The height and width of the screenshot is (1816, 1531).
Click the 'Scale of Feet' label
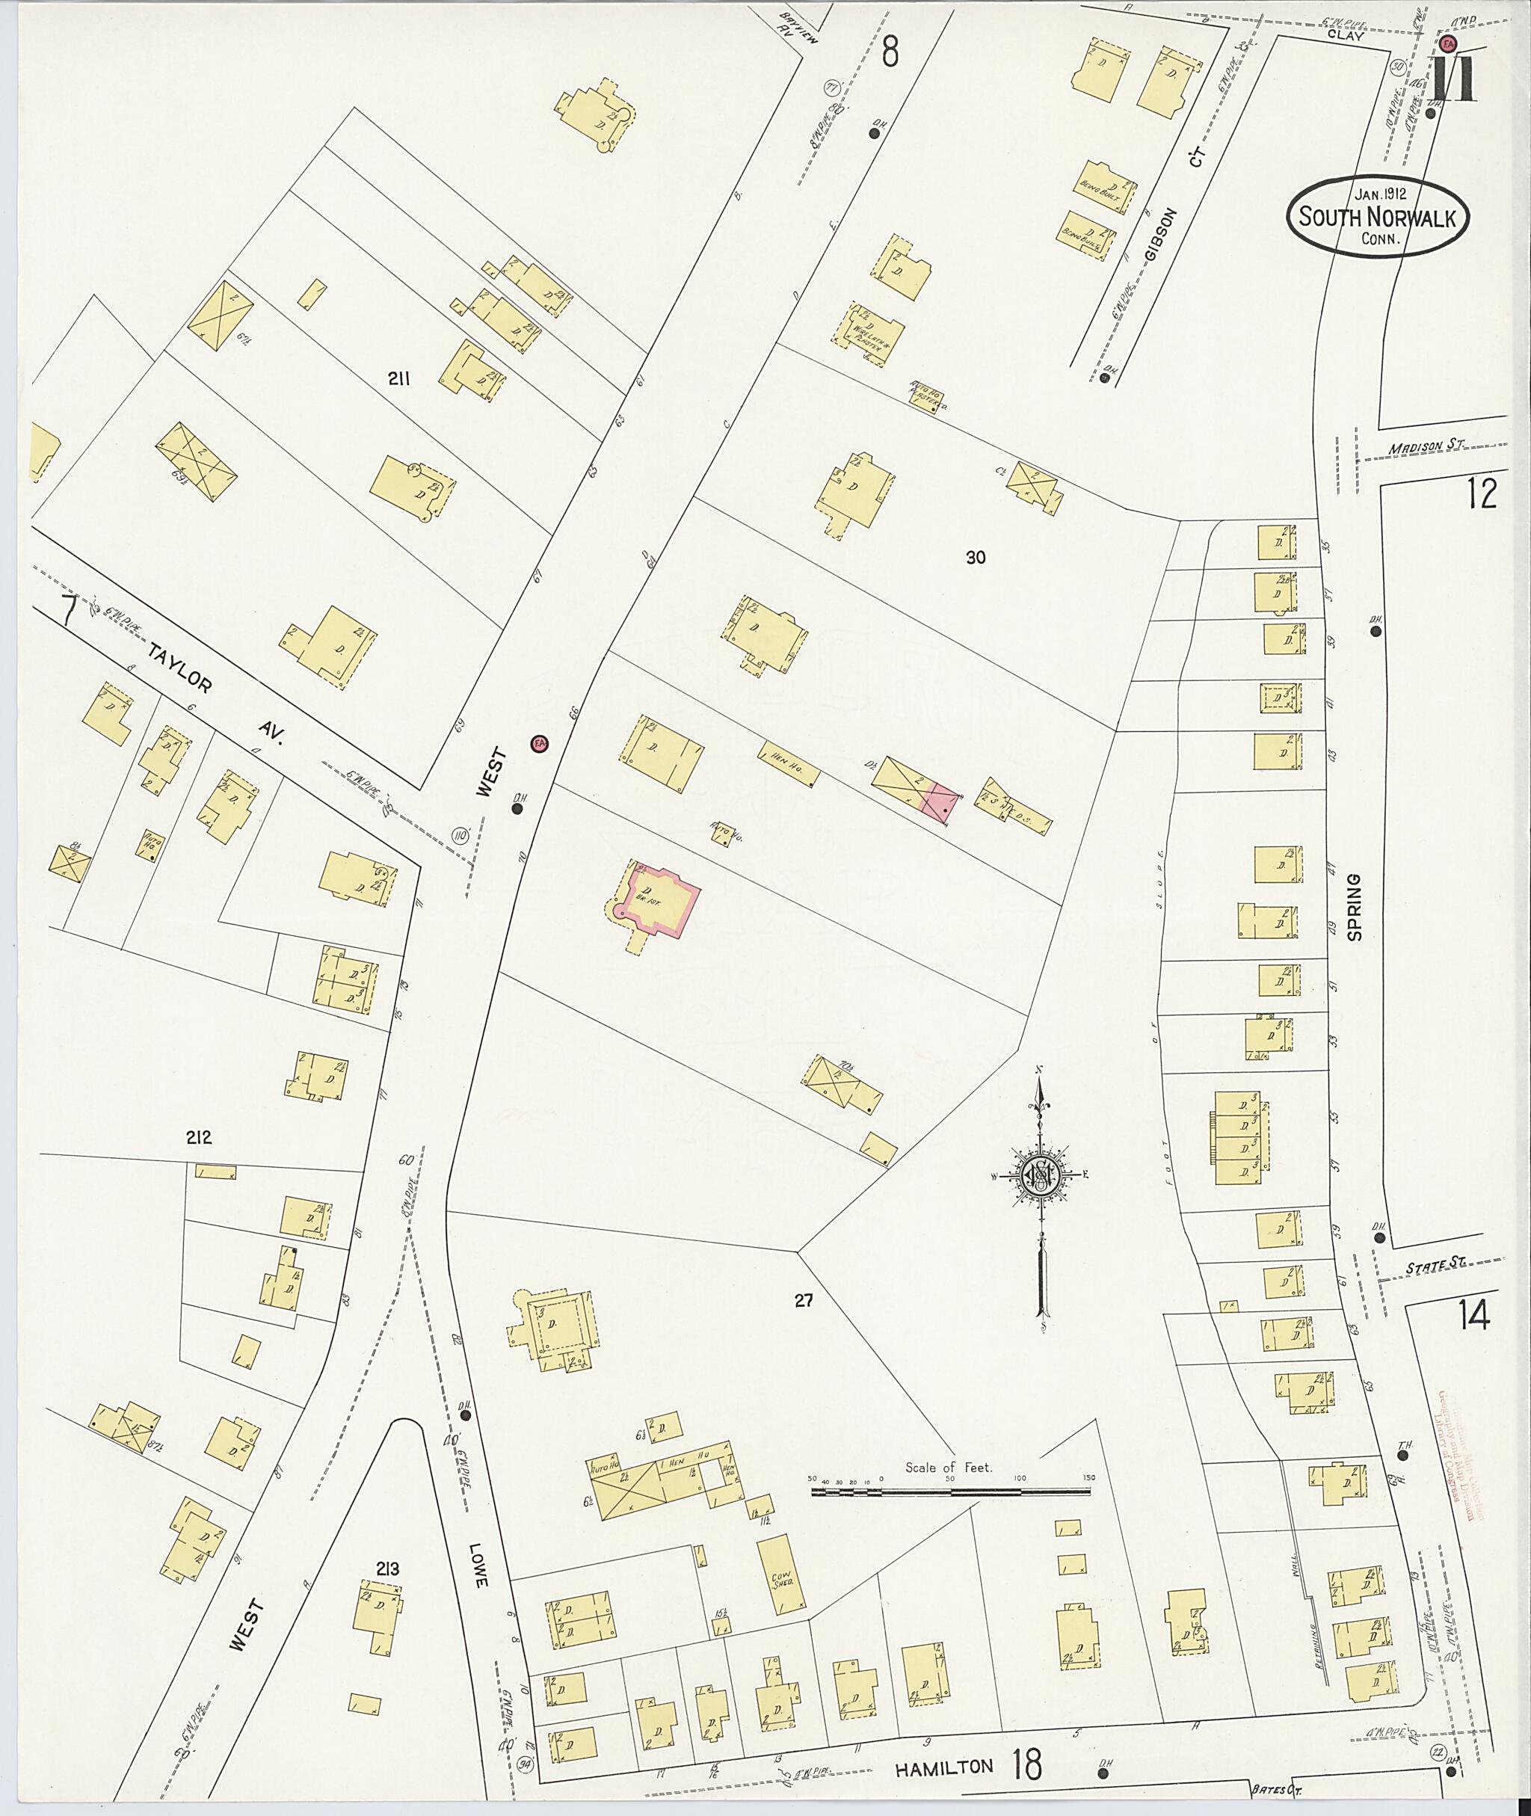949,1467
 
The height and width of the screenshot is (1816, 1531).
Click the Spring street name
1355,907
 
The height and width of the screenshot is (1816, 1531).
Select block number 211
398,378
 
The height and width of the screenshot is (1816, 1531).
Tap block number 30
976,558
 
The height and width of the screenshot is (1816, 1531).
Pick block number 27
804,1300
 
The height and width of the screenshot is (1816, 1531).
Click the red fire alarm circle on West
540,744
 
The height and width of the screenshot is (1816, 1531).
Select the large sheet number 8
890,53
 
